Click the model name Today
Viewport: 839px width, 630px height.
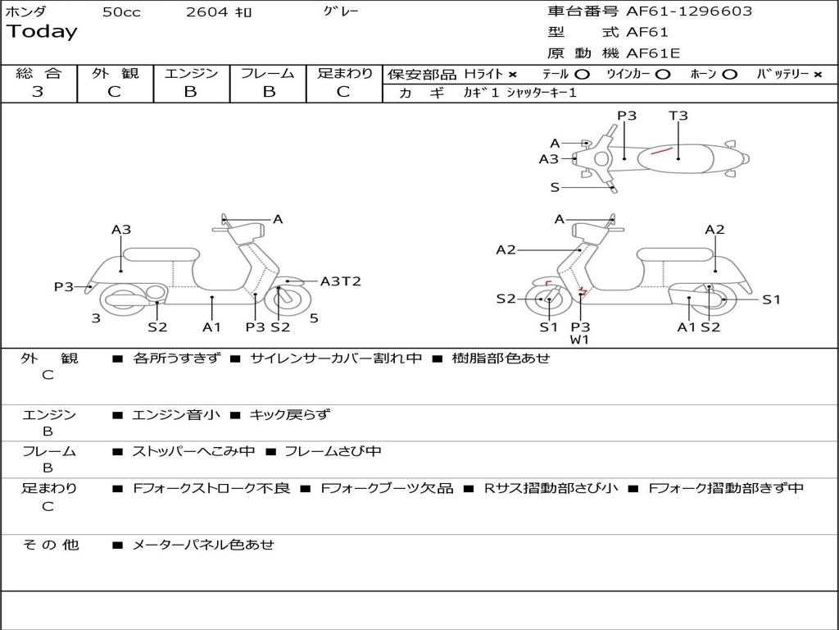coord(42,32)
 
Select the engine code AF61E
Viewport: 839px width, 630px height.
coord(653,54)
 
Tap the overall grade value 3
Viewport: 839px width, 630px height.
coord(38,92)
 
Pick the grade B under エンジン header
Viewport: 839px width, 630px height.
coord(190,92)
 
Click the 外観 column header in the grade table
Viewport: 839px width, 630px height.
coord(115,73)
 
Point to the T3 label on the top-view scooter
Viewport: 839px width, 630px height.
coord(678,116)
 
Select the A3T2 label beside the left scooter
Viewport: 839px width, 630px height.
coord(340,281)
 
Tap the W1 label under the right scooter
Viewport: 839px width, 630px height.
coord(580,339)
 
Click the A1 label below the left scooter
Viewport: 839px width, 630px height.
coord(212,327)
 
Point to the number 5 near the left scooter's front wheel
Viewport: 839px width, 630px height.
coord(314,318)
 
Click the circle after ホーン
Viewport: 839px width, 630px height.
coord(730,75)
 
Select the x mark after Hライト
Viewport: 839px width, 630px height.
coord(513,75)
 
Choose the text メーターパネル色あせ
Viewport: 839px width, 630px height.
coord(202,545)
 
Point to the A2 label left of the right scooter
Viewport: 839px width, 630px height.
coord(506,250)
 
